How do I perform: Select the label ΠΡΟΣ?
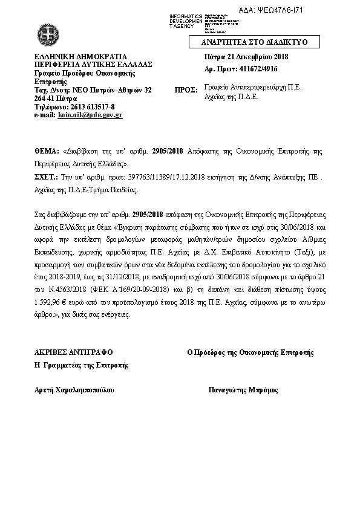tap(186, 89)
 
